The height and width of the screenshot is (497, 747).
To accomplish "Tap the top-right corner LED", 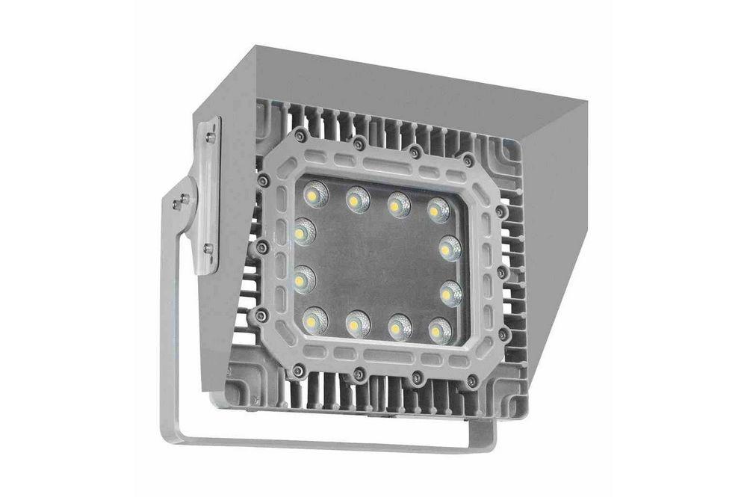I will coord(438,210).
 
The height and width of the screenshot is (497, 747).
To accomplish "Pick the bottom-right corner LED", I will coord(440,330).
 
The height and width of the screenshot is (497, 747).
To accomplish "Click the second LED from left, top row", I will coord(358,200).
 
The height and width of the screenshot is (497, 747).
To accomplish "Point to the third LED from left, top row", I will coord(399,205).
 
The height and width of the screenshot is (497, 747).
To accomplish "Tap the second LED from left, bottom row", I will coord(358,324).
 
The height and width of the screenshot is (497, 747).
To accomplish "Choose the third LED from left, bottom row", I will coord(400,327).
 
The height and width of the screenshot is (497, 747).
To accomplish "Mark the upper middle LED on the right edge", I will coord(450,248).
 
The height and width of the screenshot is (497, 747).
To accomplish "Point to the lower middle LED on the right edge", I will coord(450,294).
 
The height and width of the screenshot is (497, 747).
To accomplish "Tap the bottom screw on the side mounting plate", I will coord(208,249).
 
